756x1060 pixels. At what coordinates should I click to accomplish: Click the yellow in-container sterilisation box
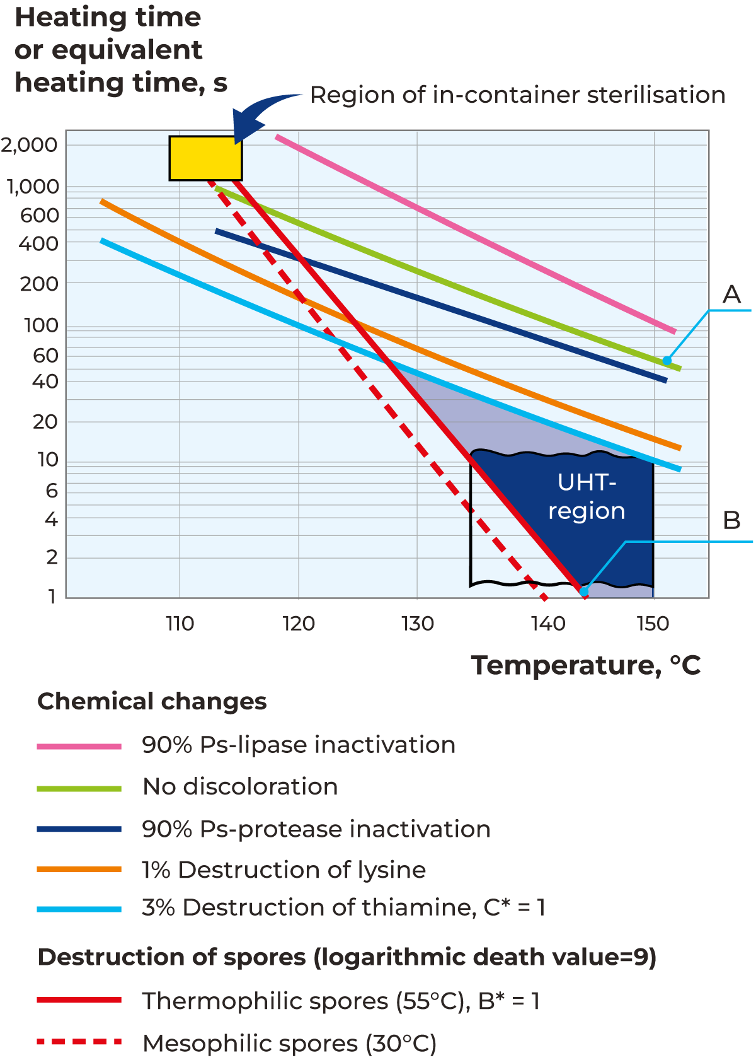(205, 158)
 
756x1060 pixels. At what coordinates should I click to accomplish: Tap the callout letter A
(731, 294)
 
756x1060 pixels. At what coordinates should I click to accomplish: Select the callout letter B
(731, 521)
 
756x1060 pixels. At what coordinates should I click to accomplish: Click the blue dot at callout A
(667, 361)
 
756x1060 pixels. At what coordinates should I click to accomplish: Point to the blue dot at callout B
(584, 591)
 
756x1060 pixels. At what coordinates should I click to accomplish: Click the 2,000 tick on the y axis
(30, 145)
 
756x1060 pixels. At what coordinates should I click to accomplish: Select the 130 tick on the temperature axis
(418, 624)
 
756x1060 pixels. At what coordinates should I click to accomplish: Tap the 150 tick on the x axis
(653, 624)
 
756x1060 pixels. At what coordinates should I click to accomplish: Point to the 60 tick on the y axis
(45, 356)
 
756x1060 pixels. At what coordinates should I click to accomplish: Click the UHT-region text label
(587, 496)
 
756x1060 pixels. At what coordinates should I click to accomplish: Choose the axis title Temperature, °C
(586, 665)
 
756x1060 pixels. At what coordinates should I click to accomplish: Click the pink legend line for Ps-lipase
(79, 747)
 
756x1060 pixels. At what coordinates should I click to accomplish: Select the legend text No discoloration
(240, 787)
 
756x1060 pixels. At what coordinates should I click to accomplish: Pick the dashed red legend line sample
(79, 1042)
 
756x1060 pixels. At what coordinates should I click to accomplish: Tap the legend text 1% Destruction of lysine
(283, 870)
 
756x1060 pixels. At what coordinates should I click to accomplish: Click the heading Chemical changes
(152, 702)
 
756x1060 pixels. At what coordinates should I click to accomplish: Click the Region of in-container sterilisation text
(517, 95)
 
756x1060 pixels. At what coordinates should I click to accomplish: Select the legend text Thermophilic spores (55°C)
(340, 1001)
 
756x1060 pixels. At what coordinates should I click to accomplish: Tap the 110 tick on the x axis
(180, 624)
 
